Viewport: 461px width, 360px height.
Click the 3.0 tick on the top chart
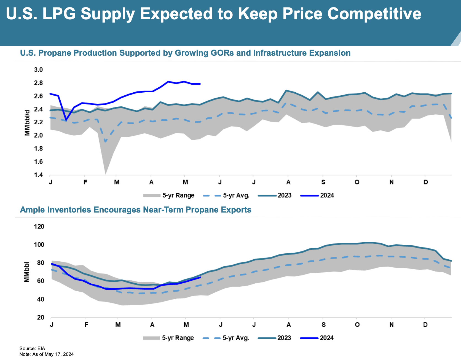(x=38, y=70)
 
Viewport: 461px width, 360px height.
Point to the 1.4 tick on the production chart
(x=38, y=175)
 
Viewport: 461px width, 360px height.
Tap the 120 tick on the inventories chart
(x=39, y=227)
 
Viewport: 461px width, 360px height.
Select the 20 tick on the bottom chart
(x=41, y=317)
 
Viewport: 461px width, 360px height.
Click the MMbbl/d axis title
(x=27, y=123)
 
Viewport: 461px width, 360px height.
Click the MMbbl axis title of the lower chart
(x=26, y=272)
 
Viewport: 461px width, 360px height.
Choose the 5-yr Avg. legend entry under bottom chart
(x=226, y=338)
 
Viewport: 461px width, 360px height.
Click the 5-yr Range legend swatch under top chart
(x=152, y=196)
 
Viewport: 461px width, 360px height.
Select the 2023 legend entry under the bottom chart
(x=275, y=338)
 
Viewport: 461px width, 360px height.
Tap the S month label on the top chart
(x=323, y=182)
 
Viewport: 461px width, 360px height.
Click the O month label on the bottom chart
(x=357, y=325)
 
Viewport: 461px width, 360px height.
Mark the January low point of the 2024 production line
(x=66, y=120)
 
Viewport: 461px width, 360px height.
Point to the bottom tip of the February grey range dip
(x=106, y=174)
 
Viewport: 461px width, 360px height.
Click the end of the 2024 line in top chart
(x=200, y=84)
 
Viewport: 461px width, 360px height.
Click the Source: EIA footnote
(x=32, y=348)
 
